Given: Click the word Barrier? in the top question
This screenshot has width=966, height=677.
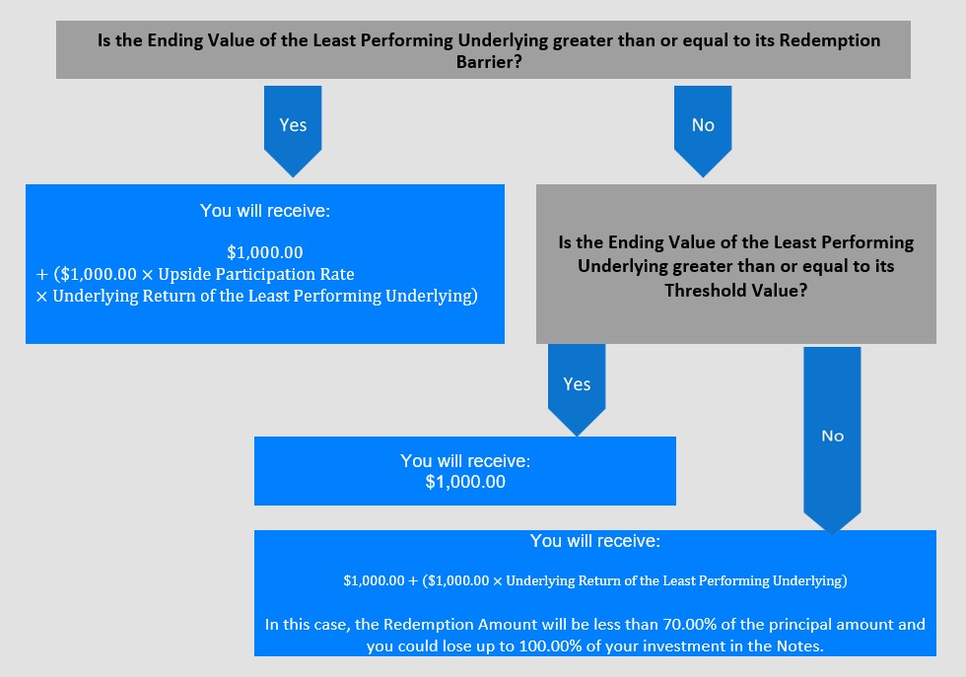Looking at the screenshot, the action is tap(489, 62).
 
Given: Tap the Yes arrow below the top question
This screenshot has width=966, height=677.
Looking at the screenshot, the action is tap(293, 131).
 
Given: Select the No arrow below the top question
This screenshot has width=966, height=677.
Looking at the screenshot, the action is tap(703, 131).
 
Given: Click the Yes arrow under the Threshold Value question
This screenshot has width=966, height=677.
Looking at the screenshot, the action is tap(577, 390).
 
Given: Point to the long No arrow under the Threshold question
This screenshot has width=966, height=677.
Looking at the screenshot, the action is tap(832, 440).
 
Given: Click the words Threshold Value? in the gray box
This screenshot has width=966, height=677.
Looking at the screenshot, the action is tap(735, 290).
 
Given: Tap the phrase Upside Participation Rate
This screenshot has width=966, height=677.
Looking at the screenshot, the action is tap(256, 274).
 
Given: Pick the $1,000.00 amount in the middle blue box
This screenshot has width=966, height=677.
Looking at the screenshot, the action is tap(465, 482).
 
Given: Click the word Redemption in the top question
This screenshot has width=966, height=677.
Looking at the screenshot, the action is tap(829, 40).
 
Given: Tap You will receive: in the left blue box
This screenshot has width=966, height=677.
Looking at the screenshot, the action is tap(265, 211).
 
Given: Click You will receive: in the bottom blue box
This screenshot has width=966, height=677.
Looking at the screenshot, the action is tap(595, 541).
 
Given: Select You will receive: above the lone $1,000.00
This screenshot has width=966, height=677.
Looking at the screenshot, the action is tap(465, 461).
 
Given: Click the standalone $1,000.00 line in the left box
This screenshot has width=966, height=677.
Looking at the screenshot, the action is tap(265, 252).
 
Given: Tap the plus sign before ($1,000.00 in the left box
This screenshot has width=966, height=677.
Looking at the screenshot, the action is tap(41, 275).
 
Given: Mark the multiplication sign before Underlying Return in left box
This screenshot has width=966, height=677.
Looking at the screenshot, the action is tap(41, 297).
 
